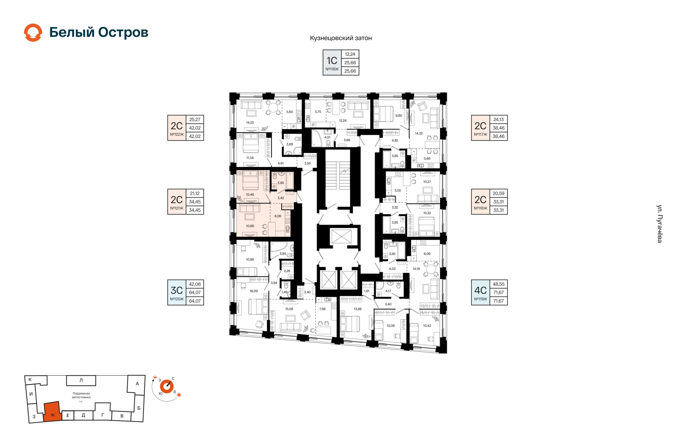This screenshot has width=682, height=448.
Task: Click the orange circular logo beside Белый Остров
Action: point(33,33)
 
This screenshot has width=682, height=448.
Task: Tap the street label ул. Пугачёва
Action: point(659,224)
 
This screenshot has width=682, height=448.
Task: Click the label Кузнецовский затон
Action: point(341,38)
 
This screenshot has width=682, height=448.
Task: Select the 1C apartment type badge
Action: point(332,62)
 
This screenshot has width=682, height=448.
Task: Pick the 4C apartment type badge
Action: point(480,292)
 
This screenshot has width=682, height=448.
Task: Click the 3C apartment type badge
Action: point(177,292)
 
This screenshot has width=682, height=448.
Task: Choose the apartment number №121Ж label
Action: point(177,208)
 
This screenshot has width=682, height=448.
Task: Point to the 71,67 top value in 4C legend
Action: point(498,293)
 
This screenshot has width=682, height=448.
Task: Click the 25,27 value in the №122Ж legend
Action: point(195,119)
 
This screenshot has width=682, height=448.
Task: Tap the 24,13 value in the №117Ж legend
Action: point(498,119)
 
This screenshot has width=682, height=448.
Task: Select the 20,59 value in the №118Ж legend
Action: point(498,193)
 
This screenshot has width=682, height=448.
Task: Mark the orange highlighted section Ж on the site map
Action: point(52,412)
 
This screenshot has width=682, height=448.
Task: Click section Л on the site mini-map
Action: point(81,380)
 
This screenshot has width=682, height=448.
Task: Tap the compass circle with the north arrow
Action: point(167,386)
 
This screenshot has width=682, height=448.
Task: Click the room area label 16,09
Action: point(254,291)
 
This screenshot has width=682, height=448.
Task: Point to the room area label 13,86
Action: point(358,309)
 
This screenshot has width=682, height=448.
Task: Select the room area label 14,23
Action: point(250,123)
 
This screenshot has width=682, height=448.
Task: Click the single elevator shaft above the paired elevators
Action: point(341,236)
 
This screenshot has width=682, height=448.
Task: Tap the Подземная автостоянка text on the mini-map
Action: point(81,395)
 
